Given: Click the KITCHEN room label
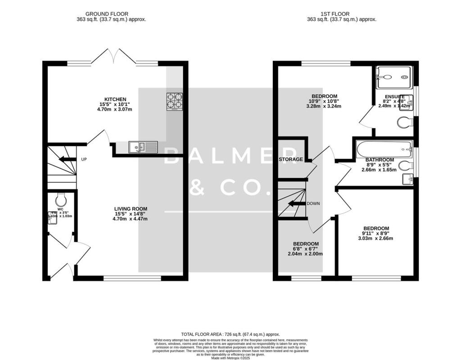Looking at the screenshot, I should (x=115, y=99).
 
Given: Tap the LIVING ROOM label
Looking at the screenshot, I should (x=130, y=209).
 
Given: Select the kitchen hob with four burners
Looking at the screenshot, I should (x=175, y=101).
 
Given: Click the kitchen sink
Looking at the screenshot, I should (x=143, y=146).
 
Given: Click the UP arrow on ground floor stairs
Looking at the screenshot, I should (x=68, y=159).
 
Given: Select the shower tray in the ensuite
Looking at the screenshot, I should (x=392, y=77).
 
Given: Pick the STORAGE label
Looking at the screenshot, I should (x=291, y=159).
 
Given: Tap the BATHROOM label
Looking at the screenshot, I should (x=380, y=160).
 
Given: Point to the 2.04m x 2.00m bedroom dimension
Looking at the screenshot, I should (x=306, y=254).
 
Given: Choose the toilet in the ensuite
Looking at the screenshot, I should (x=405, y=123).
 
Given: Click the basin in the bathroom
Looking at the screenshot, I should (x=408, y=179).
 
